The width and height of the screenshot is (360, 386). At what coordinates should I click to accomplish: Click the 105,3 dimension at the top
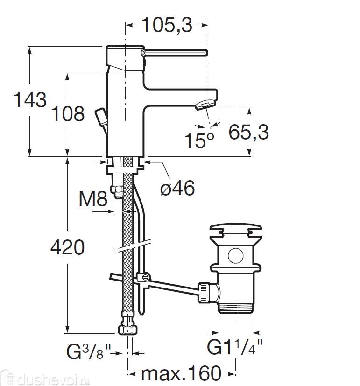pos(167,25)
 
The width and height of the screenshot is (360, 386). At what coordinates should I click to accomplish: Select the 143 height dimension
pos(30,100)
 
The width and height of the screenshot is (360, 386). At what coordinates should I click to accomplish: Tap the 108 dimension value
pos(68,114)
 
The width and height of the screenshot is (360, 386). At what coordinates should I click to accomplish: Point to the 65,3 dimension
pos(248,132)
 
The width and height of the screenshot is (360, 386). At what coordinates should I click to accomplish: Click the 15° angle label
pos(199,140)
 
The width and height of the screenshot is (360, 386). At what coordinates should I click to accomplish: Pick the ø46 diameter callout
pos(177,188)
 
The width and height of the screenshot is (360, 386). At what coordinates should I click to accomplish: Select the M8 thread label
pos(93,198)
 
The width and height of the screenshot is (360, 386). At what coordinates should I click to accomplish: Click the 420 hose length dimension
pos(67,247)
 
